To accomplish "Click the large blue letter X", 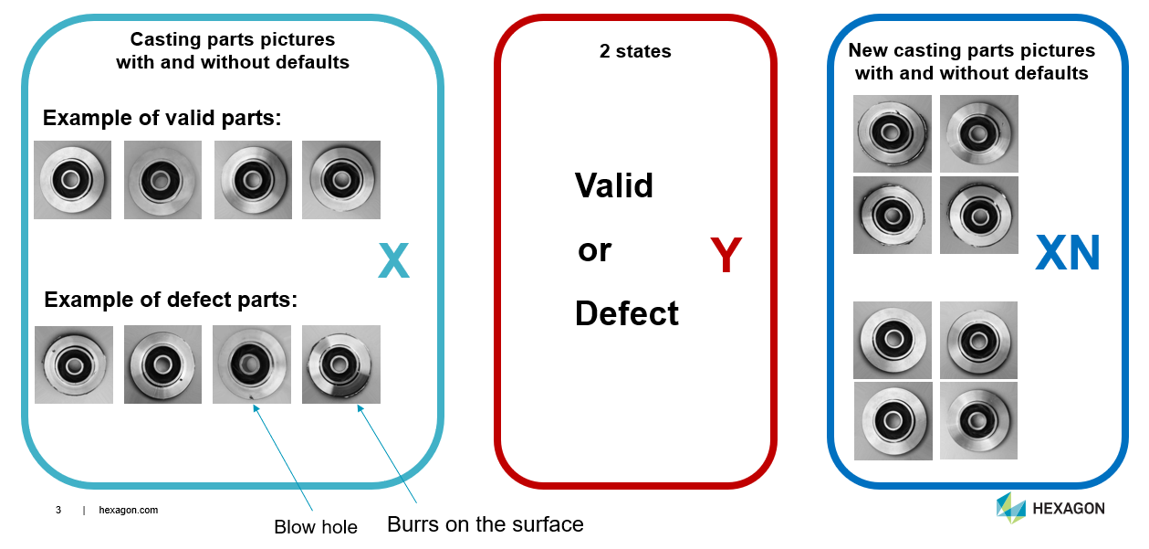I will pyautogui.click(x=393, y=261).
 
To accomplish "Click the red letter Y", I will pyautogui.click(x=726, y=256).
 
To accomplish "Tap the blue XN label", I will pyautogui.click(x=1068, y=254).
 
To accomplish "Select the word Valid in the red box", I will pyautogui.click(x=614, y=185).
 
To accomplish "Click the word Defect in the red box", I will pyautogui.click(x=627, y=313).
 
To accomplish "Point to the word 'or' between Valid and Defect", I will pyautogui.click(x=594, y=249).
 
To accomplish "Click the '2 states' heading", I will pyautogui.click(x=635, y=52).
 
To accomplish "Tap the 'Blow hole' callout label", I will pyautogui.click(x=316, y=527).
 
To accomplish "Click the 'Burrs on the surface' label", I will pyautogui.click(x=485, y=524).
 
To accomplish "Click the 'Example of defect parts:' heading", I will pyautogui.click(x=171, y=300).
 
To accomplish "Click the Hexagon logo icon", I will pyautogui.click(x=1010, y=508).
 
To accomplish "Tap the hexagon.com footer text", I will pyautogui.click(x=128, y=510).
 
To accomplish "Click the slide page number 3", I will pyautogui.click(x=58, y=510).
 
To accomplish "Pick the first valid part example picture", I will pyautogui.click(x=72, y=180).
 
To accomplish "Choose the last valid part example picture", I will pyautogui.click(x=340, y=180).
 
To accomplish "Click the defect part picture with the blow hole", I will pyautogui.click(x=252, y=364).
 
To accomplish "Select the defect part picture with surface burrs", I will pyautogui.click(x=340, y=364).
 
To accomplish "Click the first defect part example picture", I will pyautogui.click(x=73, y=364).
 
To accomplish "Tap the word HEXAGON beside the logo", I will pyautogui.click(x=1068, y=509).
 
